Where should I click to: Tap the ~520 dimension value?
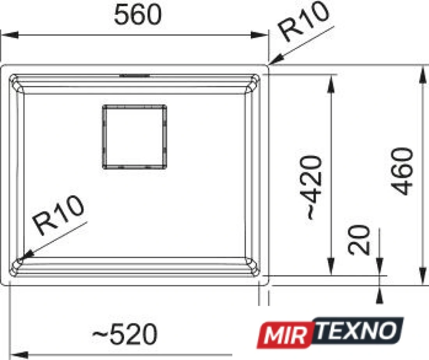pos(124,333)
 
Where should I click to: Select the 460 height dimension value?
pos(401,171)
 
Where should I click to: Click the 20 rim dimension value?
pos(359,240)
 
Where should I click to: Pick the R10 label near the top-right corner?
pos(303,21)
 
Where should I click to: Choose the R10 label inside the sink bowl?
pos(58,215)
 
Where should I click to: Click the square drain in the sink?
pos(135,137)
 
